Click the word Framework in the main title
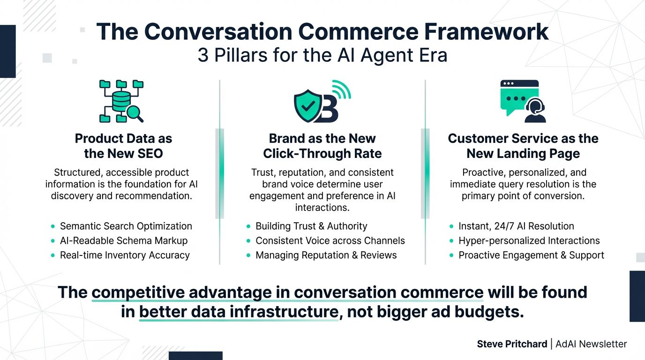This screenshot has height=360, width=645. coord(486,31)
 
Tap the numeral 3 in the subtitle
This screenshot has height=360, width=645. coord(202,55)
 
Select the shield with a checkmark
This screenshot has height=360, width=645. coord(308,105)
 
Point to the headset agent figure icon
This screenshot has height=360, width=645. coord(535,110)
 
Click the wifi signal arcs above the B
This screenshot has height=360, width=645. coord(342,90)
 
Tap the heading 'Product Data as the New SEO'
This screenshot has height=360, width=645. coord(124,146)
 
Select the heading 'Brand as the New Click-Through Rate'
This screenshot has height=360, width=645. coord(322,146)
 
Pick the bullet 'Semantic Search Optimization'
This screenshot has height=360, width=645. coord(126,226)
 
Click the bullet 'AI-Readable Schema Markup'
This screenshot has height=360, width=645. coord(124,240)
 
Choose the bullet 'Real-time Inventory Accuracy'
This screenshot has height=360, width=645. coord(125,255)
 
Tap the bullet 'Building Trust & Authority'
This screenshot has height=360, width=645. coord(311,226)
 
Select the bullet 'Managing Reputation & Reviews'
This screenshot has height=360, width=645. coord(326,255)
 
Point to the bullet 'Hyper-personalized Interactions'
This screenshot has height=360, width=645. coord(529,240)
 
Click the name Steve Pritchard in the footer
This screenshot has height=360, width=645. coord(512,344)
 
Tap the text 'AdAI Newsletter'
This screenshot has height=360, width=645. coord(591,344)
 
